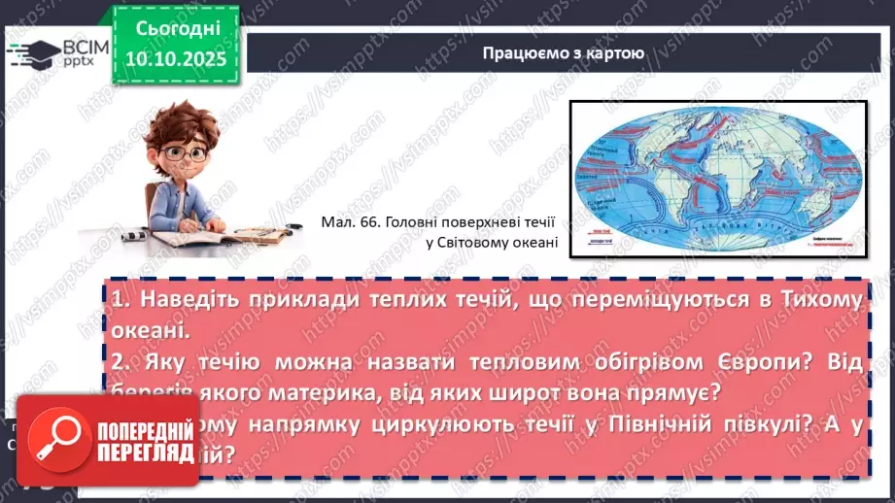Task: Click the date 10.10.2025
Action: [x=175, y=58]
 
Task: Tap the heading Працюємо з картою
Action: [x=563, y=52]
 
